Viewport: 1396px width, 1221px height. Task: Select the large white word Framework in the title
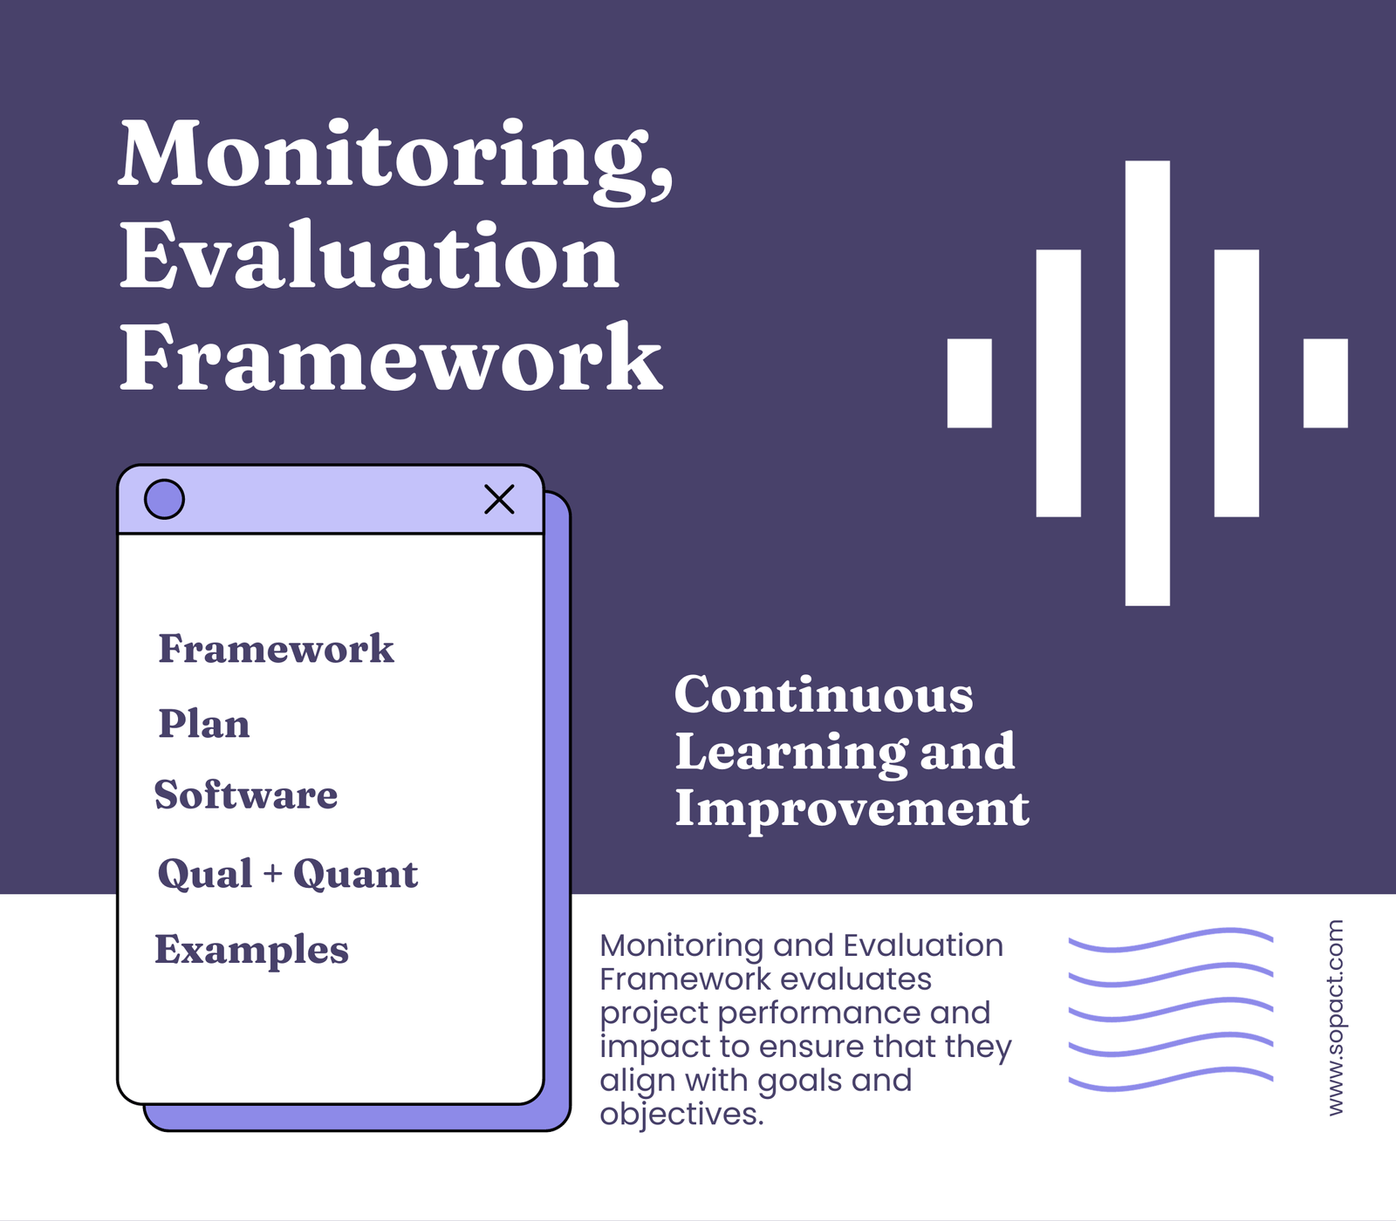coord(390,358)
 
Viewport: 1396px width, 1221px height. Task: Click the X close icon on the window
coord(499,500)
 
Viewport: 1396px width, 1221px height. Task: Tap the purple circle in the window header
coord(164,500)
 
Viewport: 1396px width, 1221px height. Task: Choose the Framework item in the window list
coord(276,649)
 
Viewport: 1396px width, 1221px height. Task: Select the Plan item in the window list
coord(203,724)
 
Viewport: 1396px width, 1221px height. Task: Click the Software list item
coord(246,795)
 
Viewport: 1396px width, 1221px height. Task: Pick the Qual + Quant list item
coord(287,874)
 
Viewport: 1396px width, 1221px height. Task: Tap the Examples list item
coord(251,949)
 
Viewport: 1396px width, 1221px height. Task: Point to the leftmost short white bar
coord(969,383)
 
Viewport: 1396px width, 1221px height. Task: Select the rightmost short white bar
coord(1325,383)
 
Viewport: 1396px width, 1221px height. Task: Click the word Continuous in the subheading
coord(824,695)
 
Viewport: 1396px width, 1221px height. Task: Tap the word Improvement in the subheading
coord(852,808)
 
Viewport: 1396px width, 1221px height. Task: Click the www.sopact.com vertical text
coord(1335,1017)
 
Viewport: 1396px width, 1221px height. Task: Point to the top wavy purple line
coord(1171,940)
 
